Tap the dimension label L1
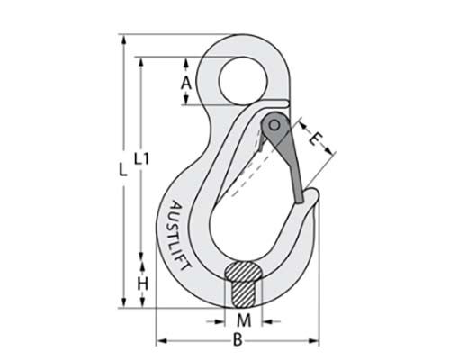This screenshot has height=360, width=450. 141,160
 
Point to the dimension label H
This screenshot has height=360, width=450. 142,284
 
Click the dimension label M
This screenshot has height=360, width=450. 242,319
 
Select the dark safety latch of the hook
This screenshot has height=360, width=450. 286,157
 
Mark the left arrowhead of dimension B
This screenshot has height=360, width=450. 162,341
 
